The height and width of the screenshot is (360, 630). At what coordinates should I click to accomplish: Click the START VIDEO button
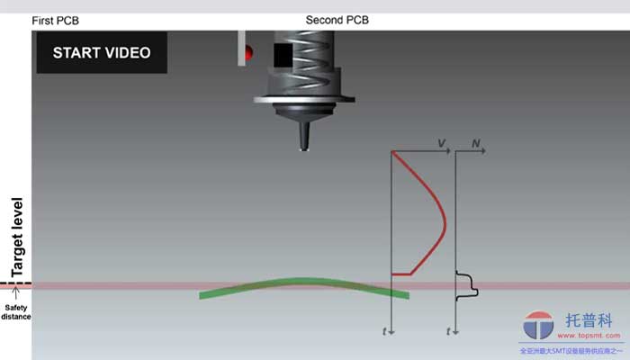101,52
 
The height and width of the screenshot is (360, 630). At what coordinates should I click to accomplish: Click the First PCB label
56,20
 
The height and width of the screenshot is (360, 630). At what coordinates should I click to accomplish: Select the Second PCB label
337,20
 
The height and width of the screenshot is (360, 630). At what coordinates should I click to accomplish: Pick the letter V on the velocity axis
442,143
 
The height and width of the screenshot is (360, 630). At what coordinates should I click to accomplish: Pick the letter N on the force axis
477,143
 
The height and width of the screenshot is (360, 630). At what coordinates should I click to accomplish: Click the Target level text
16,236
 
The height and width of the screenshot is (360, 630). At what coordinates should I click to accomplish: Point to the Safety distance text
16,311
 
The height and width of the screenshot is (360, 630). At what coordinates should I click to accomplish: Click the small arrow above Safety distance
16,293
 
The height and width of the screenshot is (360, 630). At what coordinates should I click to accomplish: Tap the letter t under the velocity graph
384,331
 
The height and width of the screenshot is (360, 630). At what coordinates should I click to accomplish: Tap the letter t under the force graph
448,331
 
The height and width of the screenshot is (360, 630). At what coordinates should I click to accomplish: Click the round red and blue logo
538,326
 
